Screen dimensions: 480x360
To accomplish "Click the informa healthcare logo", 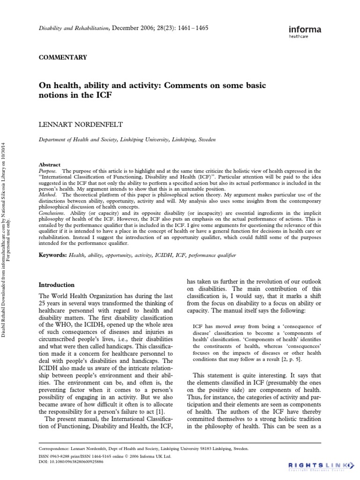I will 305,31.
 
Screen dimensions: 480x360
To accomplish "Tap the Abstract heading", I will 49,165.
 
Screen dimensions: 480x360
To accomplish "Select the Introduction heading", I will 56,285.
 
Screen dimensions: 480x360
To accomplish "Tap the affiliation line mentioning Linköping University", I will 127,140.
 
